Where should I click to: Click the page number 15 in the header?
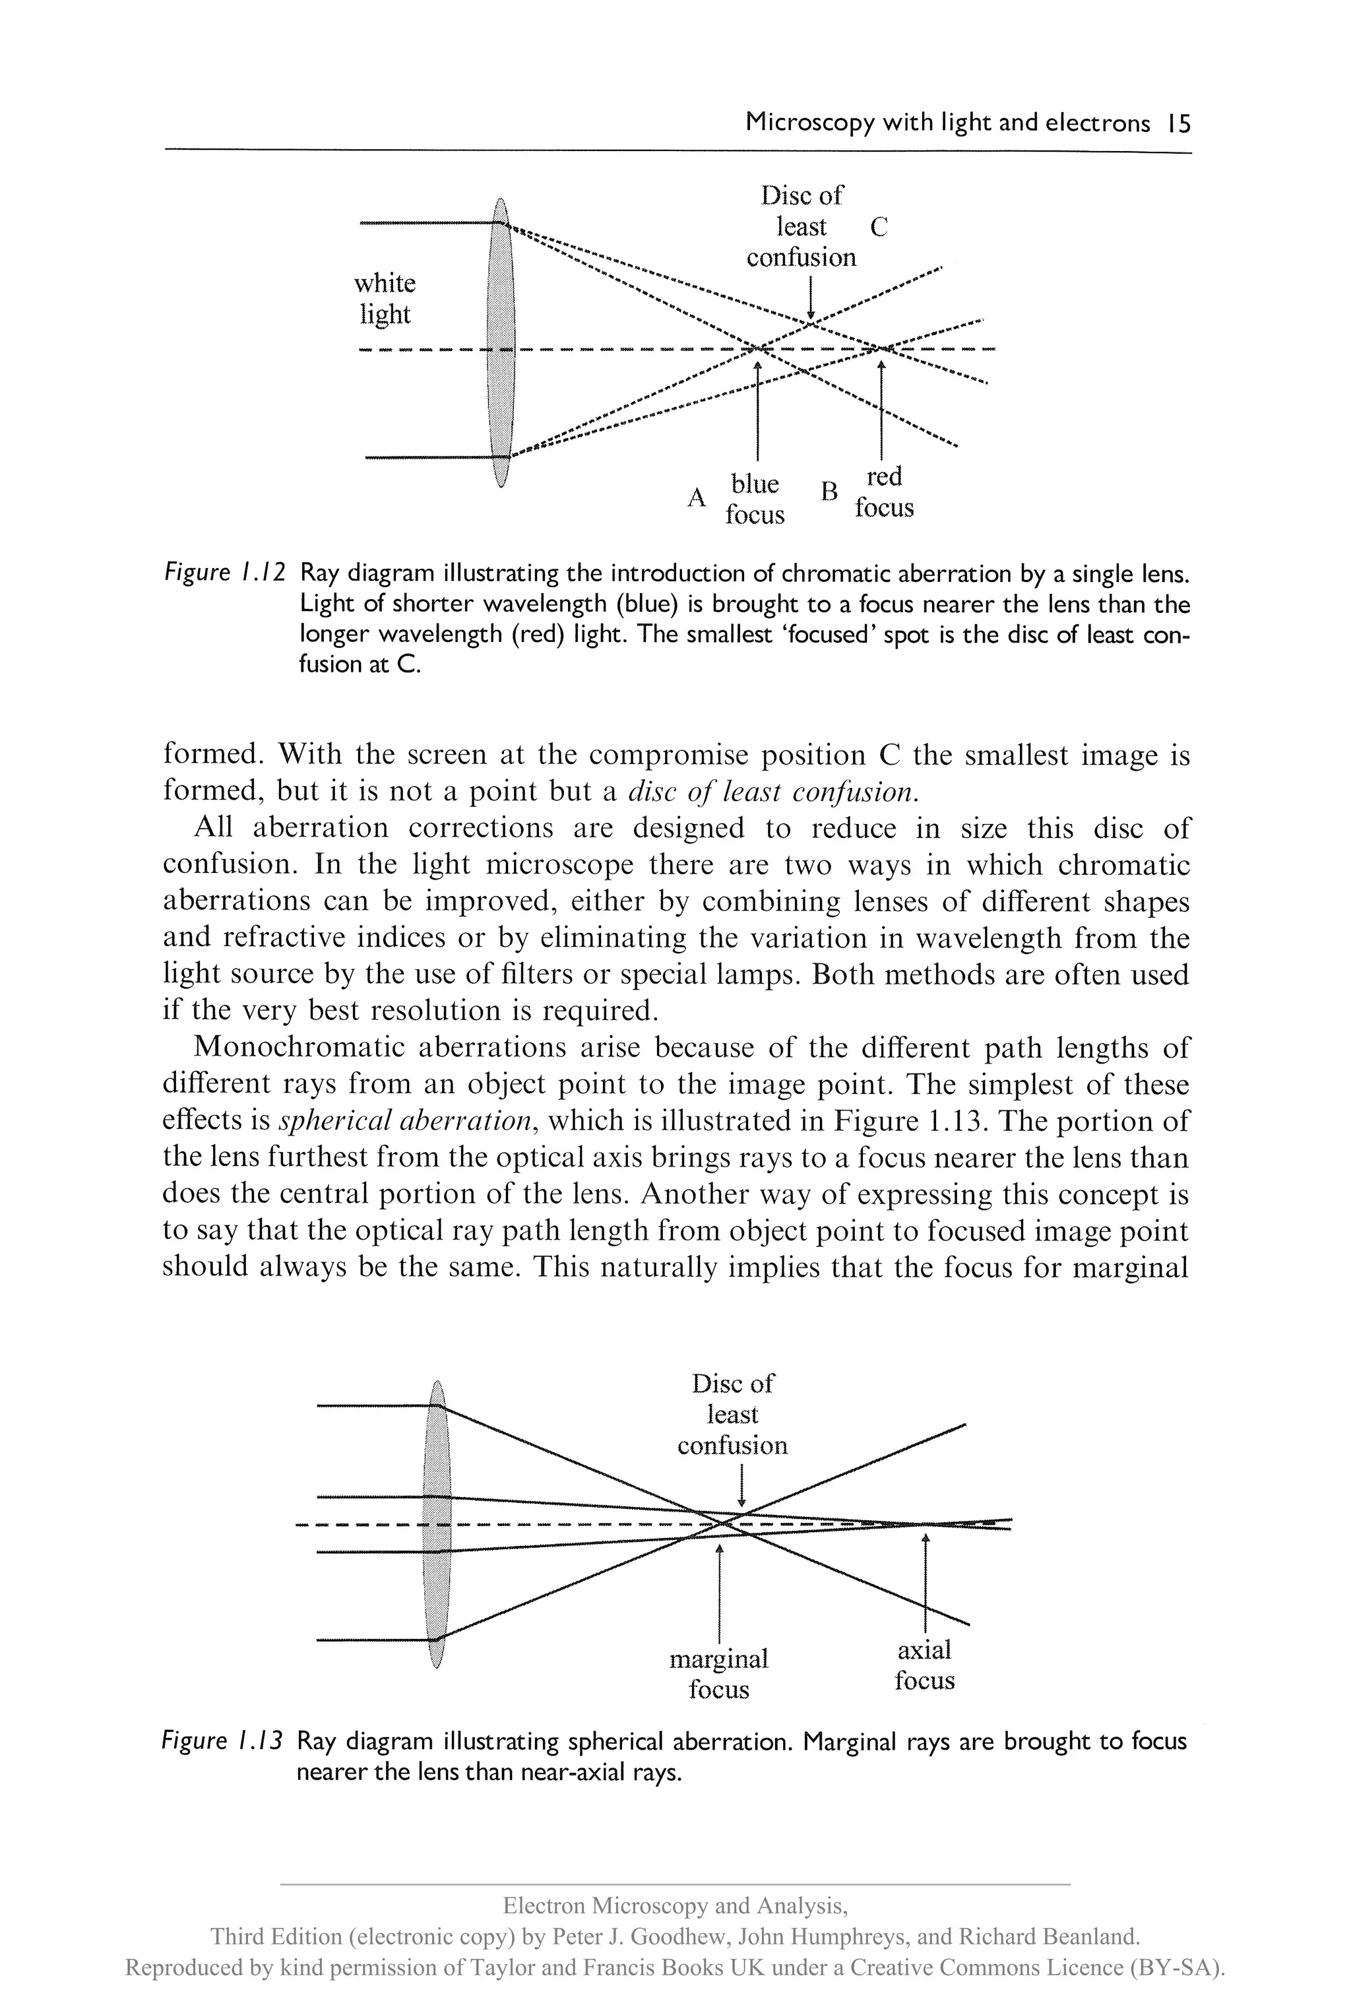1178,124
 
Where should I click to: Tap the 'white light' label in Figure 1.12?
385,298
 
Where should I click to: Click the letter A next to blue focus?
696,497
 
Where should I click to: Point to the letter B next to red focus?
829,491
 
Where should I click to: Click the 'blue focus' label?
755,499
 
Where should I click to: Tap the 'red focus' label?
884,492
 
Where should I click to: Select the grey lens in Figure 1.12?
501,343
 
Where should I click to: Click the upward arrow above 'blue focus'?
757,409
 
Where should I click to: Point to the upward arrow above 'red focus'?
881,409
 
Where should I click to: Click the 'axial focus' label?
924,1665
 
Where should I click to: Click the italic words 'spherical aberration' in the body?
405,1120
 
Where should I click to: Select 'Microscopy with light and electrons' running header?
947,124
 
